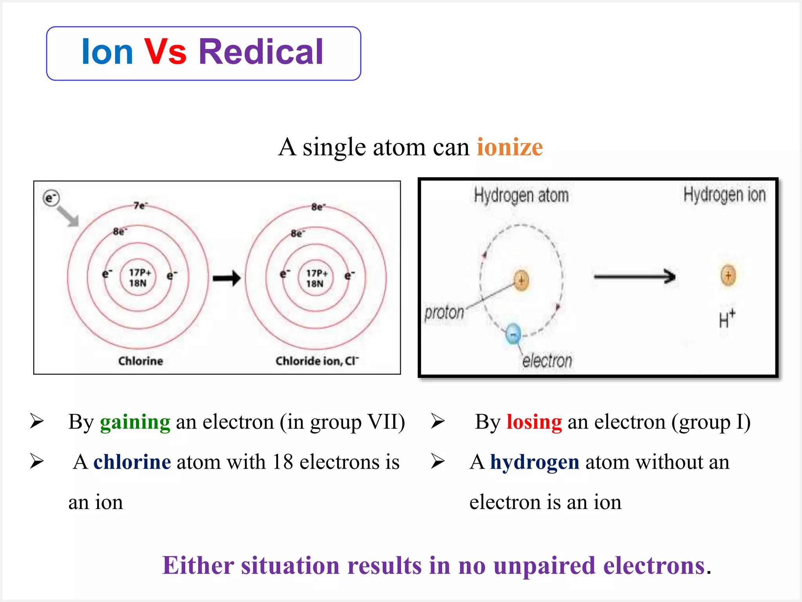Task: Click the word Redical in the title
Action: click(x=261, y=52)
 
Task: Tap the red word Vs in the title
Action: click(x=165, y=52)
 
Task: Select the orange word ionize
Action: click(x=509, y=147)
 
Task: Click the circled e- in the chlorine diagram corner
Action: click(x=51, y=198)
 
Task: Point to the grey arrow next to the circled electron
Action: click(x=68, y=216)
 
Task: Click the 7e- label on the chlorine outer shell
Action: click(x=140, y=205)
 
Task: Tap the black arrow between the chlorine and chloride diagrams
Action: click(x=227, y=278)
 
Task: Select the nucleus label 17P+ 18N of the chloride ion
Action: click(x=316, y=278)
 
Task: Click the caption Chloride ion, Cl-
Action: click(x=316, y=361)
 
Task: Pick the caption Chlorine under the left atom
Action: click(x=141, y=361)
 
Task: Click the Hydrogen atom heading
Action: click(x=521, y=195)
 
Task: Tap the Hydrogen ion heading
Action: click(x=724, y=195)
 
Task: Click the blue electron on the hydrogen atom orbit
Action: click(x=513, y=334)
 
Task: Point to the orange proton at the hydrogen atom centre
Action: click(x=521, y=281)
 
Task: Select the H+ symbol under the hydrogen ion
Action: click(x=727, y=319)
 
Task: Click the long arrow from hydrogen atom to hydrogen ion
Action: click(x=634, y=277)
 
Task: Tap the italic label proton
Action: click(x=444, y=313)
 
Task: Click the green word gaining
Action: click(x=135, y=422)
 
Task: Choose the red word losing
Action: click(x=534, y=422)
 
